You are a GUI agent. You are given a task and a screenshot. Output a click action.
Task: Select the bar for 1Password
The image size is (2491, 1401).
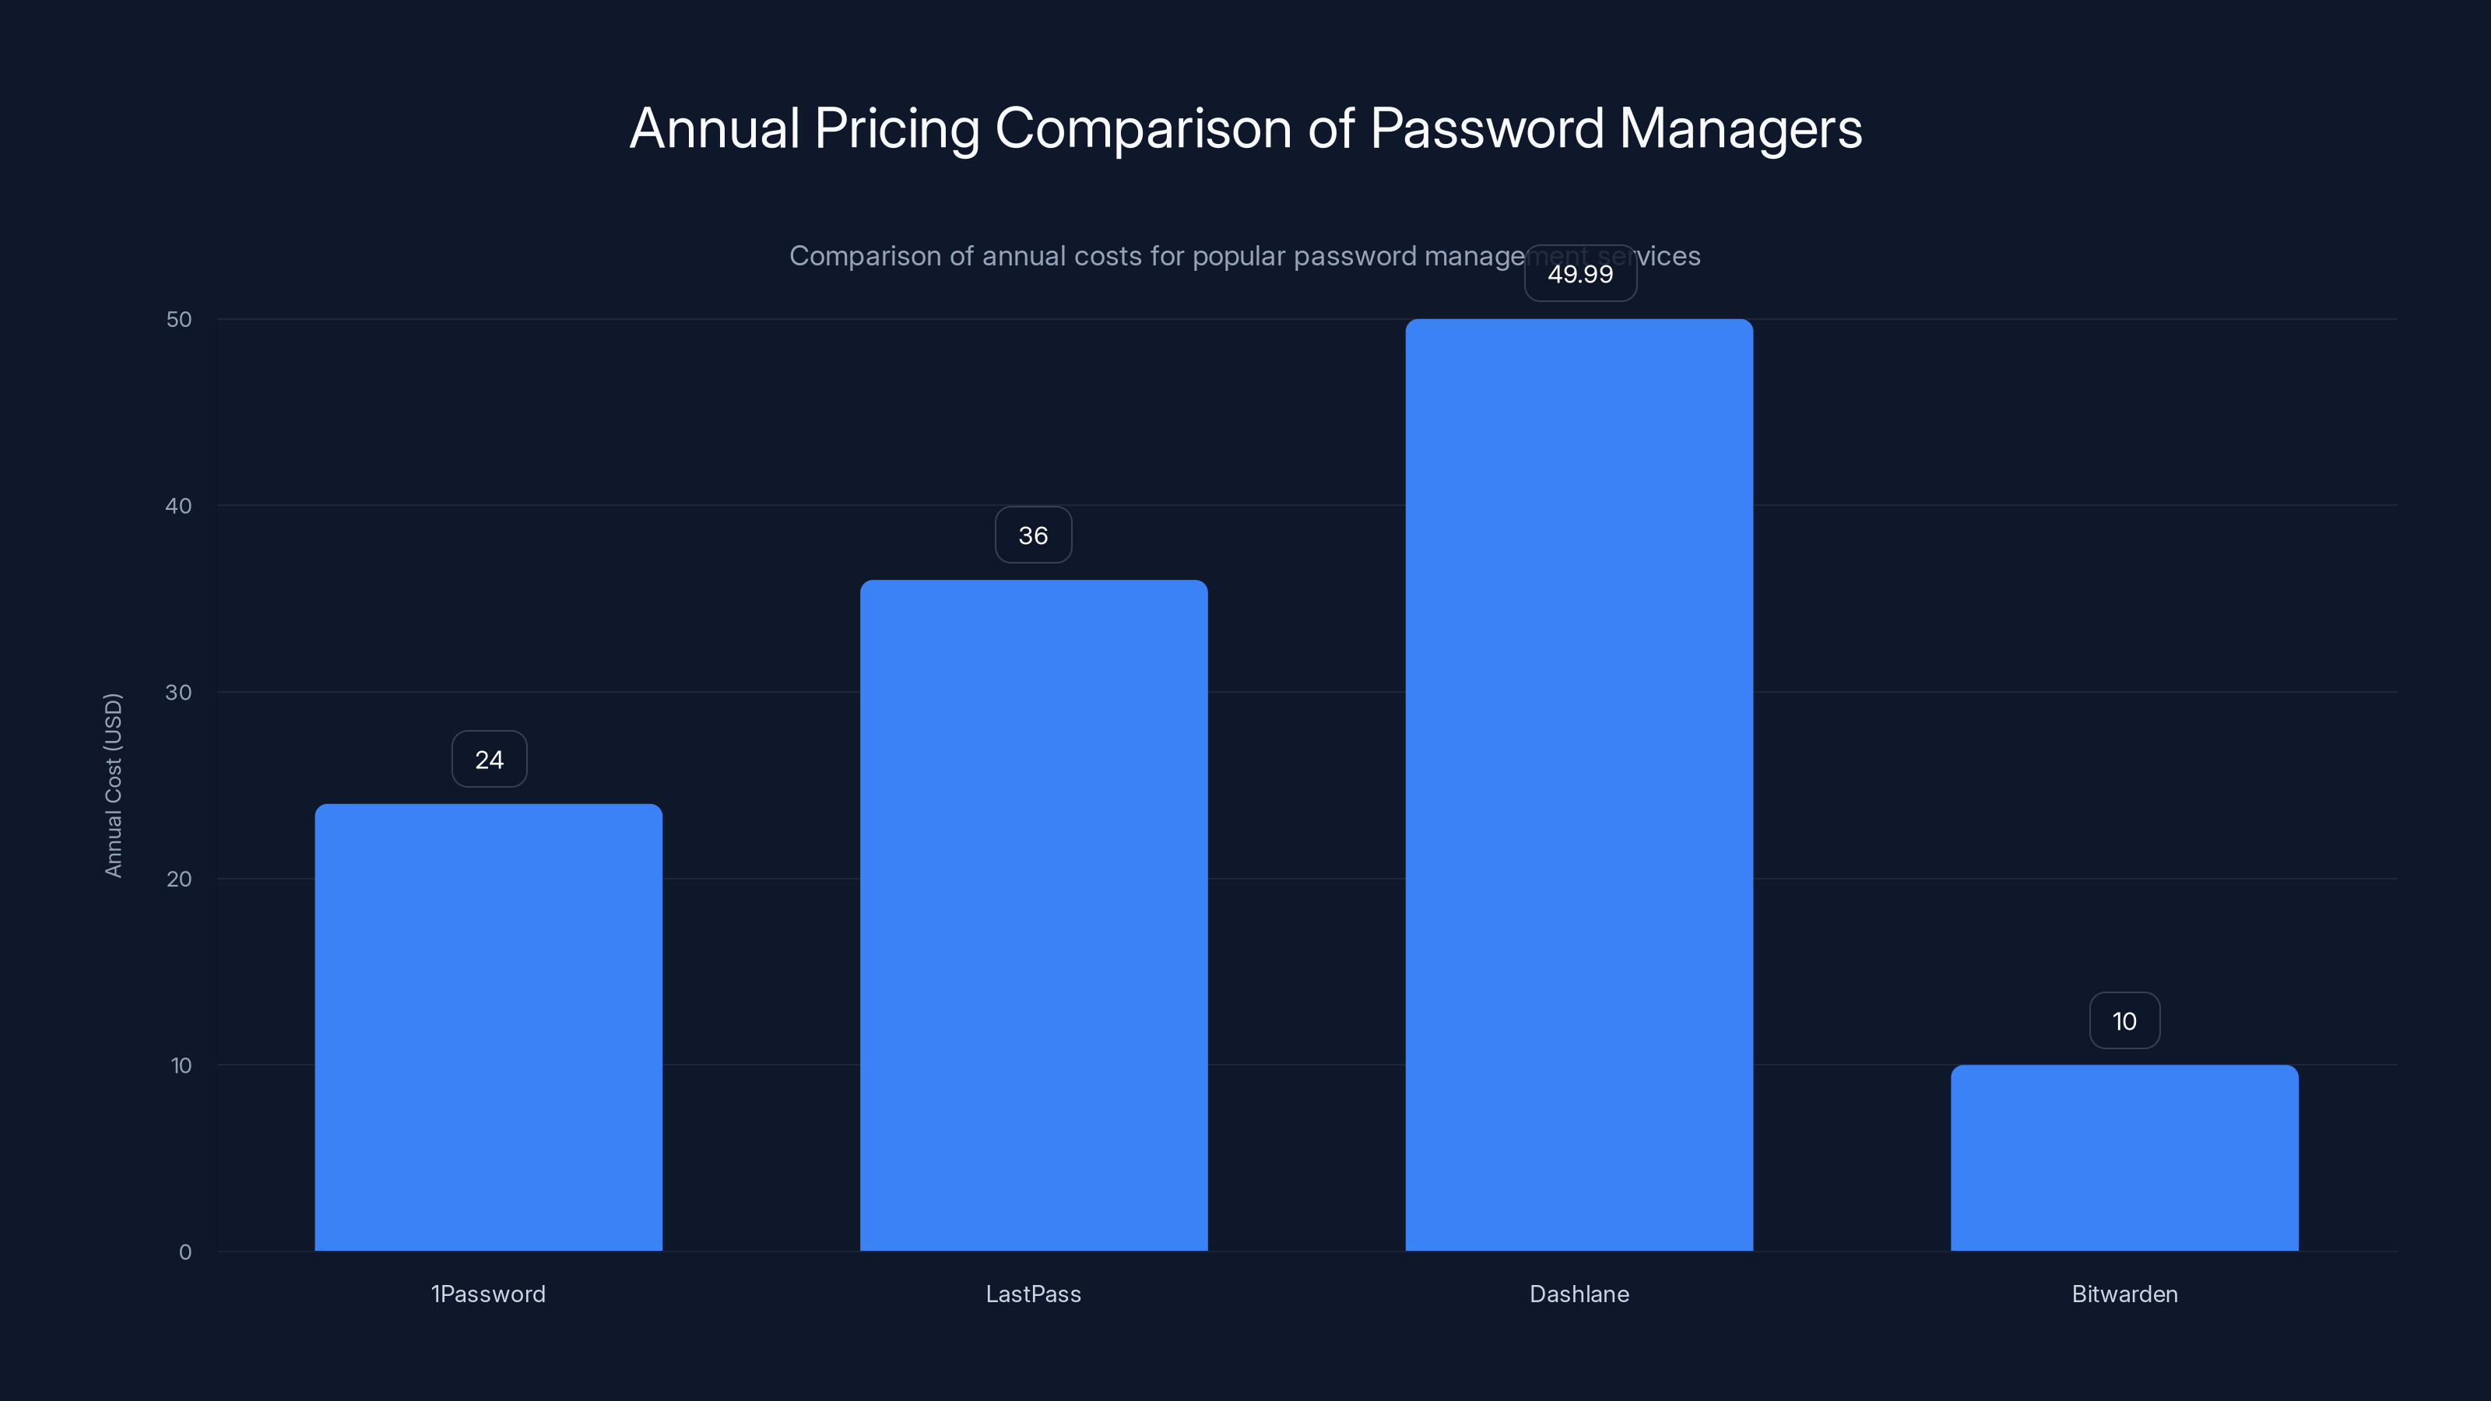488,1027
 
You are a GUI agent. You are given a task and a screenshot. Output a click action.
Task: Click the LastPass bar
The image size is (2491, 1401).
1033,915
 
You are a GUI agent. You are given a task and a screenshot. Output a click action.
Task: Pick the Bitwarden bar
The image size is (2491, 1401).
2124,1157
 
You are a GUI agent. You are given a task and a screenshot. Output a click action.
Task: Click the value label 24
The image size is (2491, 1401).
490,760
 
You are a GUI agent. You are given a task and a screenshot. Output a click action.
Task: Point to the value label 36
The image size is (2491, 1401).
1033,535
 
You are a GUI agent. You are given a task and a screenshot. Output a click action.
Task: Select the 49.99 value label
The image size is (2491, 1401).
1580,274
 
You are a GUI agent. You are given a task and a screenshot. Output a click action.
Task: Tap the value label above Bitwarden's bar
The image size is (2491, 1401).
2124,1021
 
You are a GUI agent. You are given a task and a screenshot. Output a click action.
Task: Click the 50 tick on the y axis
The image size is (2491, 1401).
179,319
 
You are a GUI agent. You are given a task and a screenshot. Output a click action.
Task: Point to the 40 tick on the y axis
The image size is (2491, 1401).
179,506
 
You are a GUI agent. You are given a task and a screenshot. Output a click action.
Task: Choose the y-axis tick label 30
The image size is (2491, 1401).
179,692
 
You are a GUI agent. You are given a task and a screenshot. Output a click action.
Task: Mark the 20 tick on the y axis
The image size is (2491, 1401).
179,879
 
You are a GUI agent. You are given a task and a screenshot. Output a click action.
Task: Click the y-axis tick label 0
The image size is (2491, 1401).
184,1252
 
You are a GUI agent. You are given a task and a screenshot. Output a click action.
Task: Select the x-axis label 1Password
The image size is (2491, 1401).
488,1294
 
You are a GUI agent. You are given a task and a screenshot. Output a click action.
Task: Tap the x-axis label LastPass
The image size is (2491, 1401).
1033,1294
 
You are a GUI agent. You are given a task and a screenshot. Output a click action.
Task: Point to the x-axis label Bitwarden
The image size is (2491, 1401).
2124,1294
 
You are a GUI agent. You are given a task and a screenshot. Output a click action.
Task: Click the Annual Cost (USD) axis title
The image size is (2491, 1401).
113,785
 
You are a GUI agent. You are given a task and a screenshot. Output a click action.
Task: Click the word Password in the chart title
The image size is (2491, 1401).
1485,129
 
